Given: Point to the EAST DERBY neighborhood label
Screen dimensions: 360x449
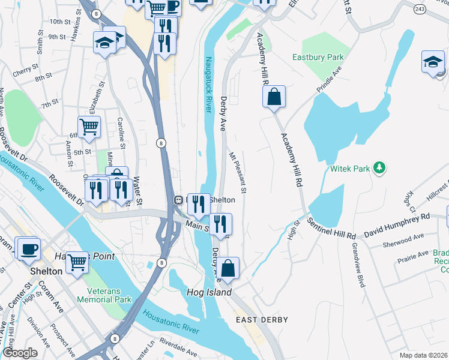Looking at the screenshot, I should pos(262,320).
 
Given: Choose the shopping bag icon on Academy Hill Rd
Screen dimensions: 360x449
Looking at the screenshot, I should pos(274,97).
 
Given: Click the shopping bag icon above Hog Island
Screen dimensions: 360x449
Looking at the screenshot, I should pos(228,268).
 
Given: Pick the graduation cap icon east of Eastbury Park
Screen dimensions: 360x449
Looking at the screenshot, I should pos(433,62).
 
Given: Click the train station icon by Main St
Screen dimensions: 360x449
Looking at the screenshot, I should pos(178,200).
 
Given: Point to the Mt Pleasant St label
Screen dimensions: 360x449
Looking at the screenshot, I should pos(238,173).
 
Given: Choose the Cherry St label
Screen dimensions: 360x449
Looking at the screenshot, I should pos(25,70).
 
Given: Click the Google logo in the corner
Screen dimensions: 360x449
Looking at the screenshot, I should pos(20,353).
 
